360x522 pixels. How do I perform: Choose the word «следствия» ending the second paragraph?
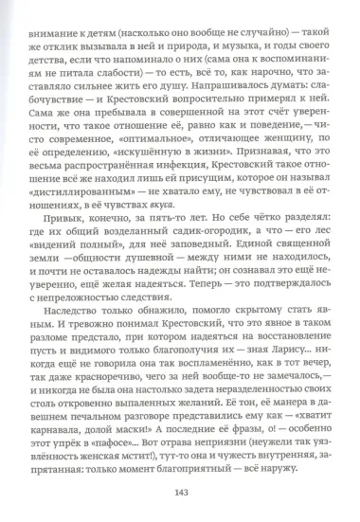click(141, 320)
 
